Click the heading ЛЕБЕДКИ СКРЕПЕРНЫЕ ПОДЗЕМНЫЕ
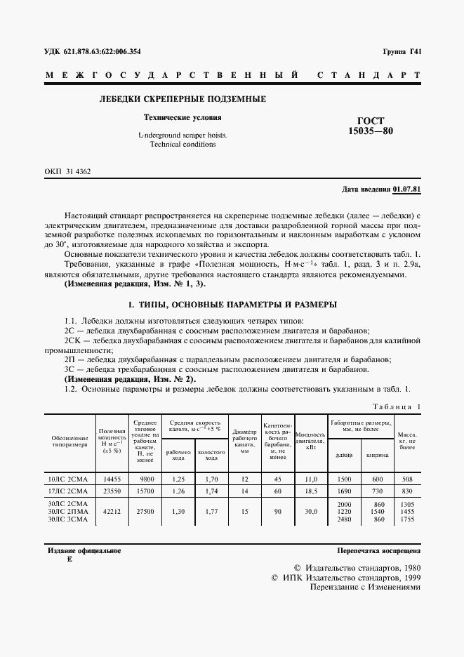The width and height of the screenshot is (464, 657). tap(183, 99)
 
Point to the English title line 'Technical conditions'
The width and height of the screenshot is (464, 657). tap(183, 145)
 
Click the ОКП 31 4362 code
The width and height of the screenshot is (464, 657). tap(67, 171)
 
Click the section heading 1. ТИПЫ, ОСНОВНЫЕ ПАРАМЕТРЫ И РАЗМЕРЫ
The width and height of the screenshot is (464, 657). tap(231, 305)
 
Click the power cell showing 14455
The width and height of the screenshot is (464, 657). tap(112, 479)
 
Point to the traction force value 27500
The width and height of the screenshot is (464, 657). tap(143, 512)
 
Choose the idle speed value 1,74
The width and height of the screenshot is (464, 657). tap(211, 492)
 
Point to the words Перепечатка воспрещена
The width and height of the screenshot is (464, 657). tap(379, 552)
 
